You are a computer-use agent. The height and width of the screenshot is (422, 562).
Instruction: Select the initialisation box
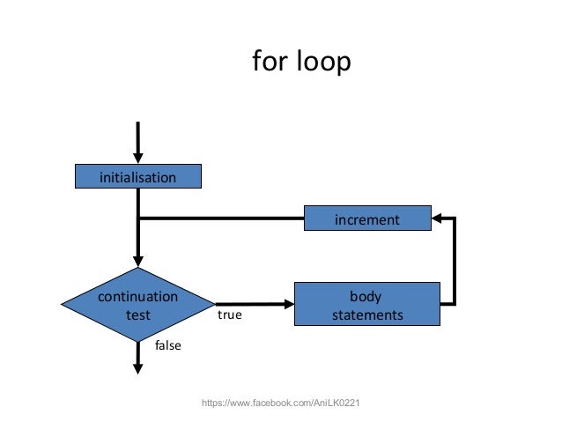click(x=138, y=177)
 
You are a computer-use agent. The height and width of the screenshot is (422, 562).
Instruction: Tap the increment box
click(x=366, y=218)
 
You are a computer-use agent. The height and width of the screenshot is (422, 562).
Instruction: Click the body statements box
click(x=366, y=305)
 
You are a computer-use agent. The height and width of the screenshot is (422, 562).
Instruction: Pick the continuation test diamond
click(x=138, y=305)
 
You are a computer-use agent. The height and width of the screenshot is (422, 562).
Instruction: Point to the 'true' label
click(x=229, y=313)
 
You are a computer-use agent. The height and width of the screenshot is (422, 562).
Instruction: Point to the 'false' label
click(x=167, y=345)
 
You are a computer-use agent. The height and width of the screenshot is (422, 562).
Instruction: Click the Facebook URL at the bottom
click(x=281, y=403)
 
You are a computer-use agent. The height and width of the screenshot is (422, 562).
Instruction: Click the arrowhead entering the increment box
click(x=437, y=218)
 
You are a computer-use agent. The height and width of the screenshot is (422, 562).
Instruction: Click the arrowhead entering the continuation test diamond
click(x=138, y=262)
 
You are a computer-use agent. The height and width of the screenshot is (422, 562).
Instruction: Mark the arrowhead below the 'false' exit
click(x=138, y=369)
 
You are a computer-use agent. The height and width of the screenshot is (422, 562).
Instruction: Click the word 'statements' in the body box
click(x=367, y=315)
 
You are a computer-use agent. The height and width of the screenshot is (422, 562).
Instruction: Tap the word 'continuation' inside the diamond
click(x=137, y=296)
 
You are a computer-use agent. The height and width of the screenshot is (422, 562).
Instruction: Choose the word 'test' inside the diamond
click(x=137, y=315)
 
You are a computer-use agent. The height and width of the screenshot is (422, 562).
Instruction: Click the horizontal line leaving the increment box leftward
click(x=220, y=218)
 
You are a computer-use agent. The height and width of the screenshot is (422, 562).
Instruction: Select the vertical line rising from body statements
click(x=454, y=264)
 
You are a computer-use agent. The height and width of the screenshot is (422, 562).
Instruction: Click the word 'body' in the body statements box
click(x=366, y=296)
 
